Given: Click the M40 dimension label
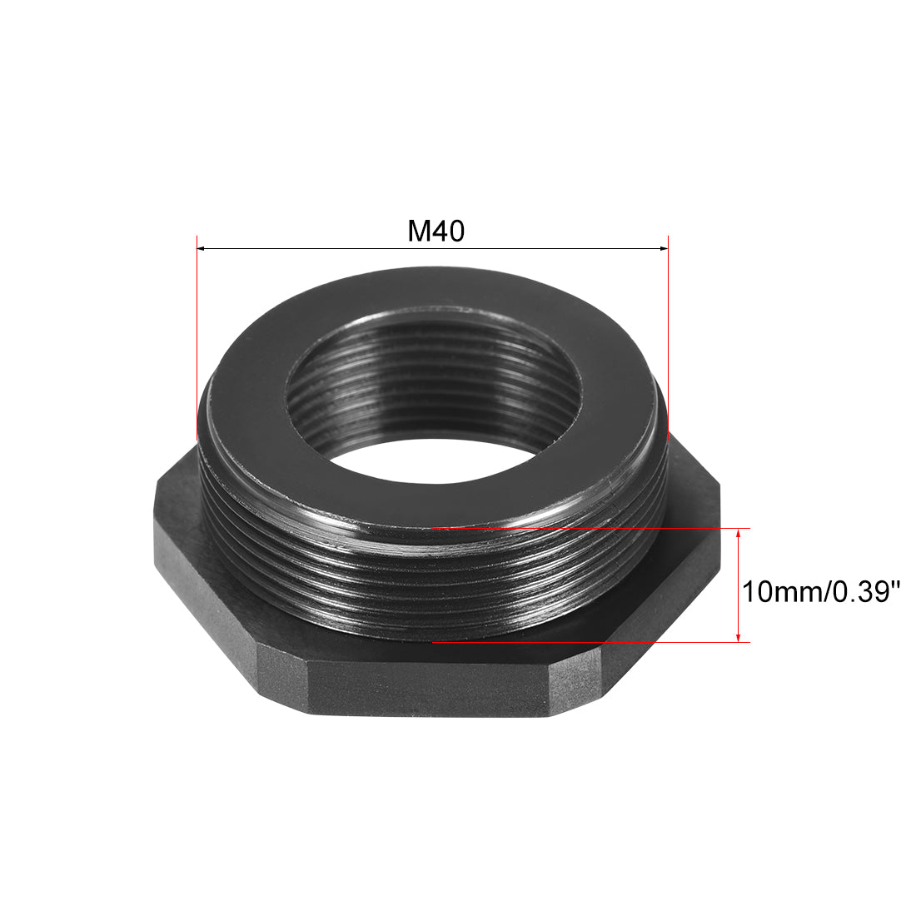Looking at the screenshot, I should click(436, 231).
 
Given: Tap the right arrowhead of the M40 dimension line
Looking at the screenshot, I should click(664, 247).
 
